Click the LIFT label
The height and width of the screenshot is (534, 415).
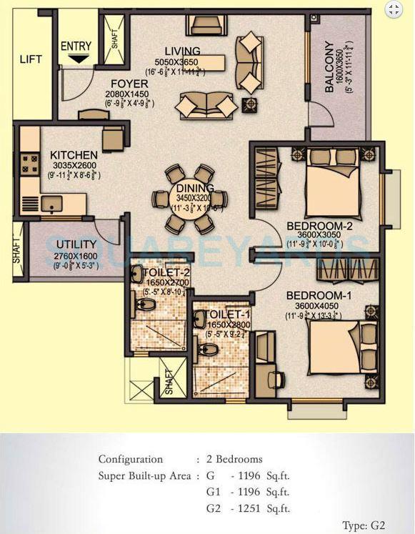[x=31, y=59]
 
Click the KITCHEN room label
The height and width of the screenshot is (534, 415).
[x=74, y=155]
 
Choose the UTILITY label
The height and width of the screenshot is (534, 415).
[x=76, y=245]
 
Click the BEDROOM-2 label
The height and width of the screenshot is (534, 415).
[x=320, y=227]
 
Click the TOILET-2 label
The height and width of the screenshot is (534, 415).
[x=166, y=273]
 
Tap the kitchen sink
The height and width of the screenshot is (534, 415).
[x=52, y=204]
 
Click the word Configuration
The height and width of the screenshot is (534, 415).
[x=131, y=460]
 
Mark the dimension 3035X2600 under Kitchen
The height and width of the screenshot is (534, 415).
[x=74, y=165]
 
